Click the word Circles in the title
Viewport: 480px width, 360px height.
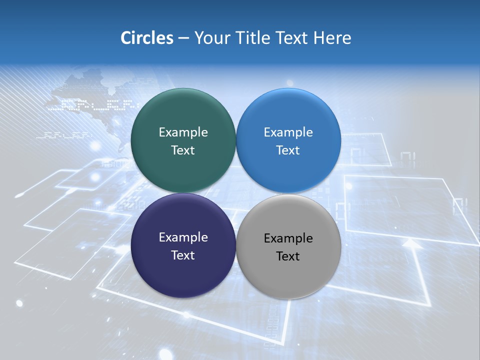pyautogui.click(x=147, y=38)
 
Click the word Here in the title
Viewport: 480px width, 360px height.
pyautogui.click(x=332, y=38)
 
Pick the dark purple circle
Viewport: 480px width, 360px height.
pyautogui.click(x=183, y=275)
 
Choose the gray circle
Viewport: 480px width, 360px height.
pyautogui.click(x=288, y=277)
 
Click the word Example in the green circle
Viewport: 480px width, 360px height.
pyautogui.click(x=183, y=132)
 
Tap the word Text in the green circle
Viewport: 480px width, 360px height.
pyautogui.click(x=183, y=150)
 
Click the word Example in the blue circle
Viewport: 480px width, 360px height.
pyautogui.click(x=288, y=132)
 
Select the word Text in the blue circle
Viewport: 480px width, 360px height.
pyautogui.click(x=288, y=150)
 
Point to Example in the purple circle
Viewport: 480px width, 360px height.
pyautogui.click(x=183, y=237)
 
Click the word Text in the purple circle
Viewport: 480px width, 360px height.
pyautogui.click(x=183, y=255)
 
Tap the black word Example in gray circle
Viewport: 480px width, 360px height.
pyautogui.click(x=288, y=238)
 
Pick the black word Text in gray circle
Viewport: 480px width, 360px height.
pyautogui.click(x=288, y=256)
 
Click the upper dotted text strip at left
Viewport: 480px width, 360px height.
pyautogui.click(x=92, y=104)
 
